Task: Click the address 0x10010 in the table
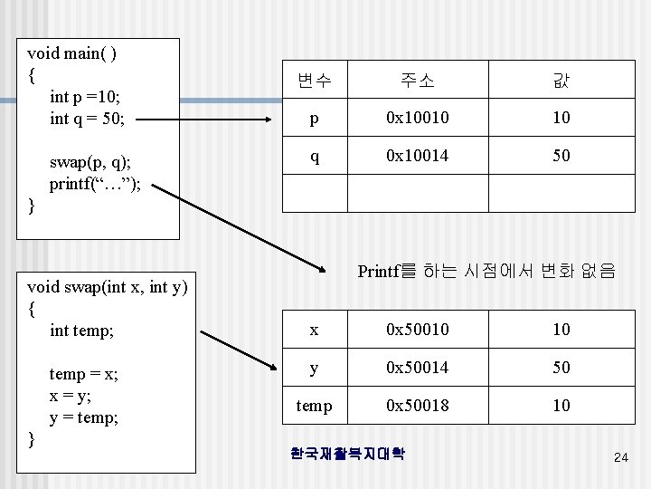(417, 117)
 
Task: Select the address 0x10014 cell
(417, 155)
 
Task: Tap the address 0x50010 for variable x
(417, 329)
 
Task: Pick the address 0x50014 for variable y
(417, 367)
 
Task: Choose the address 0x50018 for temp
(417, 405)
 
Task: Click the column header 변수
(314, 81)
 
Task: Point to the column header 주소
(417, 81)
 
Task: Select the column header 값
(561, 81)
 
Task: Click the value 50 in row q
(561, 155)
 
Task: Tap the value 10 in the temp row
(561, 405)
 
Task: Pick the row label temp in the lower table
(314, 405)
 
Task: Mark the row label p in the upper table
(314, 117)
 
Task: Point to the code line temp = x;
(85, 375)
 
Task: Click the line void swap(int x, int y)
(108, 288)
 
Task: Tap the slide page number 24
(620, 458)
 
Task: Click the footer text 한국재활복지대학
(346, 452)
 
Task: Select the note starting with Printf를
(486, 270)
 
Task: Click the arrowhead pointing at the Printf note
(321, 267)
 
